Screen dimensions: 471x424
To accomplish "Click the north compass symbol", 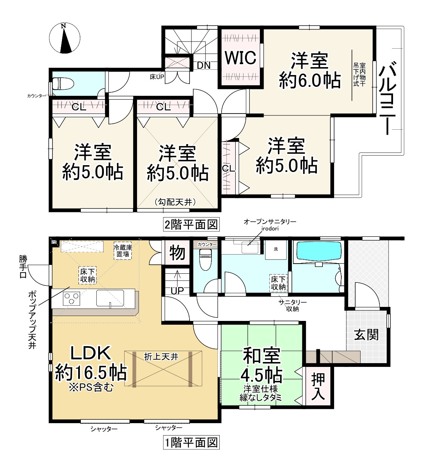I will point(65,38).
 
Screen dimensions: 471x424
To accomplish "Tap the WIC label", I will point(241,58).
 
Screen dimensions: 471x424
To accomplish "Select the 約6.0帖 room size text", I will point(310,80).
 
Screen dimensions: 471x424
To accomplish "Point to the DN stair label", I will point(204,65).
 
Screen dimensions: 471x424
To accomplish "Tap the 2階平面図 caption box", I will point(191,225).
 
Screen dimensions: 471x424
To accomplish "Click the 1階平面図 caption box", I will point(191,442).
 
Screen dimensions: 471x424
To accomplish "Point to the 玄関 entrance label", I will point(366,334).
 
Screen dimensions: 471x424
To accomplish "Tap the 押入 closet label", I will point(318,388).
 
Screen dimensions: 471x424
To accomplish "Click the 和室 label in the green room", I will point(261,356).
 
